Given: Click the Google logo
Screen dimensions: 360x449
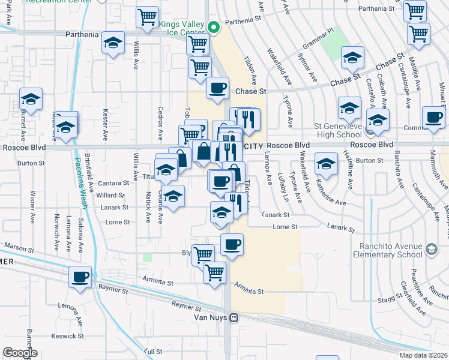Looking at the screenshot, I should click(20, 353).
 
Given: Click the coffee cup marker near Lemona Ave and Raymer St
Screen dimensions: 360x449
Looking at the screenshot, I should click(80, 277).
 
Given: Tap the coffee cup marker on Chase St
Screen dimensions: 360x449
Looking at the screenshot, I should click(217, 88).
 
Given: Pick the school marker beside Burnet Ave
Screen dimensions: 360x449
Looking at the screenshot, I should click(31, 98).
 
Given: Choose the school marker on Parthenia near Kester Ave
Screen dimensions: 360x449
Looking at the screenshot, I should click(112, 43).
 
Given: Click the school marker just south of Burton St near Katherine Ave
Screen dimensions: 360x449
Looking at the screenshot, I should click(326, 163).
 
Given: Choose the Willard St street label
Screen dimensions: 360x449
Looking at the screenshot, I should click(110, 196).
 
